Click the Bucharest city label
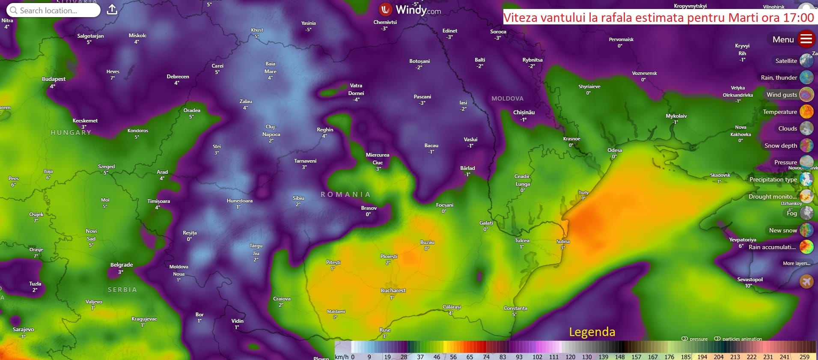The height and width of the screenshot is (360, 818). pyautogui.click(x=393, y=291)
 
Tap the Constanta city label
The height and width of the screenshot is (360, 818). pyautogui.click(x=515, y=308)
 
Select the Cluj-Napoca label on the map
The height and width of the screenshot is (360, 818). pyautogui.click(x=271, y=131)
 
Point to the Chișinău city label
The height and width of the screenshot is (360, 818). pyautogui.click(x=524, y=113)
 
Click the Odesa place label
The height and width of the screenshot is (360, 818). pyautogui.click(x=614, y=150)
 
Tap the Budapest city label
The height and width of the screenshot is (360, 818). pyautogui.click(x=54, y=79)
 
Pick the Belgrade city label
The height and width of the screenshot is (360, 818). pyautogui.click(x=122, y=265)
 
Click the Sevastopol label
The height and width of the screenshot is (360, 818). pyautogui.click(x=750, y=280)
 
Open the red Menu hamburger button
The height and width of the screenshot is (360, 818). pyautogui.click(x=806, y=39)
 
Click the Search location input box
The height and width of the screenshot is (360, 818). pyautogui.click(x=54, y=10)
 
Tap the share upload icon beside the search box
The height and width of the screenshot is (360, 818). pyautogui.click(x=112, y=9)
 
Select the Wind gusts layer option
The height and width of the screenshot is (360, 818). pyautogui.click(x=782, y=95)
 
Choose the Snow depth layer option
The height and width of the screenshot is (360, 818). pyautogui.click(x=781, y=146)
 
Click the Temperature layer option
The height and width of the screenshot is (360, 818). pyautogui.click(x=780, y=112)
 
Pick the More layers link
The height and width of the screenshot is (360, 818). pyautogui.click(x=796, y=263)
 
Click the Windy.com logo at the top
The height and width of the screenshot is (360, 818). pyautogui.click(x=410, y=9)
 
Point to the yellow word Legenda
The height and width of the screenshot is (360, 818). pyautogui.click(x=592, y=332)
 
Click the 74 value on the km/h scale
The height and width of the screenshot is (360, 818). pyautogui.click(x=486, y=357)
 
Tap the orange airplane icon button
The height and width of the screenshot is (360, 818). pyautogui.click(x=806, y=281)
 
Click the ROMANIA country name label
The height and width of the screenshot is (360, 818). pyautogui.click(x=345, y=194)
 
